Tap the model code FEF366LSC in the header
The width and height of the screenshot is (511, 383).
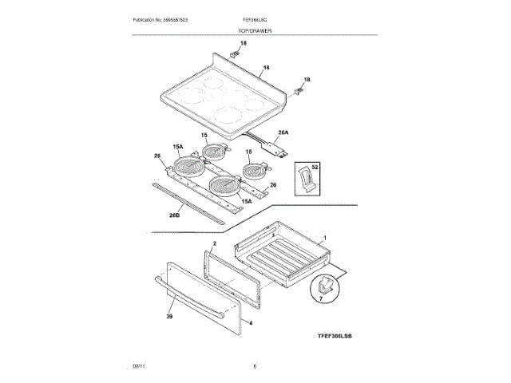255,18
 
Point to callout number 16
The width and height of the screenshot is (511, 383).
267,69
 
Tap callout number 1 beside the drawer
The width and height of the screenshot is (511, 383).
325,238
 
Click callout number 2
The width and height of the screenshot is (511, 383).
214,242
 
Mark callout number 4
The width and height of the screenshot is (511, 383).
251,323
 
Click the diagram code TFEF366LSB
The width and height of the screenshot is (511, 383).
328,338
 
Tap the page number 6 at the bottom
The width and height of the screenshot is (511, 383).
255,365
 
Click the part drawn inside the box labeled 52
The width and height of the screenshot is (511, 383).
305,180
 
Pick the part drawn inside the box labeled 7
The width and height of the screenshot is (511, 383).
324,284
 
